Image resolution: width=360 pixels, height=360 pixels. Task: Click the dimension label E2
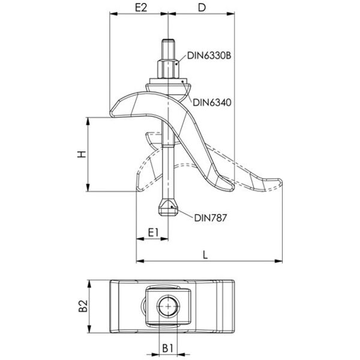click(140, 8)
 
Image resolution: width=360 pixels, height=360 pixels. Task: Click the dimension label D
click(200, 8)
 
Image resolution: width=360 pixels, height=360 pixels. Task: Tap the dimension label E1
click(152, 230)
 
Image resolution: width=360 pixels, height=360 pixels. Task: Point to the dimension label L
click(205, 254)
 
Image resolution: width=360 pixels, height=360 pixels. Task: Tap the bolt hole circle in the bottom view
click(169, 306)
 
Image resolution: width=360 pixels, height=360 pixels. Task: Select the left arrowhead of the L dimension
click(140, 262)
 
